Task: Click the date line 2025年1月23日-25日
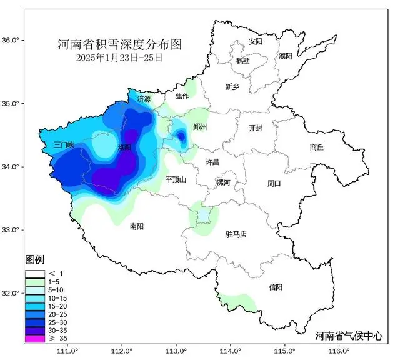tap(119, 57)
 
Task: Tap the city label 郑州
tap(200, 127)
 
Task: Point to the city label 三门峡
tap(64, 144)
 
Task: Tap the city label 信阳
tap(276, 287)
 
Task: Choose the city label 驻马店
tap(236, 234)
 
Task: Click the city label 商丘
tap(317, 147)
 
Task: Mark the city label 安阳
tap(256, 42)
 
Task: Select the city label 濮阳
tap(286, 56)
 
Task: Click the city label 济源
tap(144, 99)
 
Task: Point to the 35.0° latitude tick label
tap(12, 104)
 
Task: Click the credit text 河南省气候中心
tap(351, 335)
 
